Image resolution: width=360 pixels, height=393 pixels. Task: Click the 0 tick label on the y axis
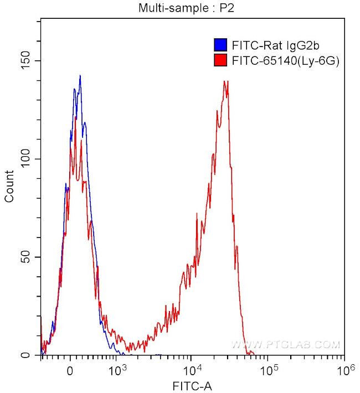[x=29, y=355]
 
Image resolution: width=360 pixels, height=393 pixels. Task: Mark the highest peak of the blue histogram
[x=80, y=76]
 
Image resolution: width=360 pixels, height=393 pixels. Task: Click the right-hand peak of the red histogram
[x=225, y=81]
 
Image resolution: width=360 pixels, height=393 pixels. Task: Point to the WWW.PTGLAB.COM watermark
[x=285, y=345]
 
